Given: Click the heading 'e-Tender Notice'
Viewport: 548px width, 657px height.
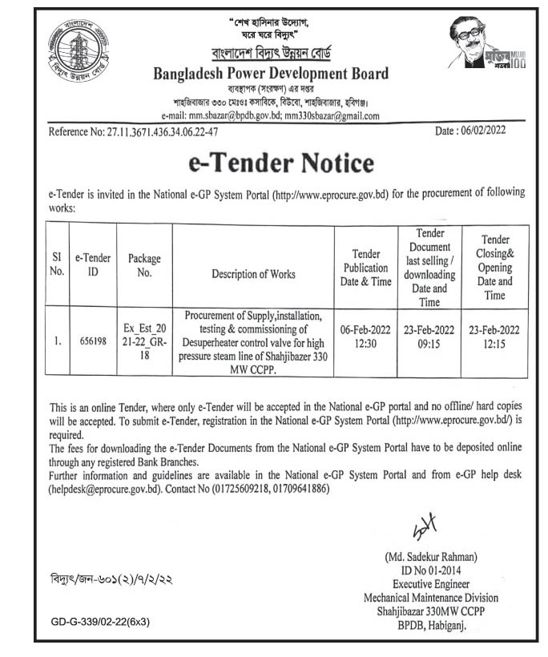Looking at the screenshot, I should [280, 163].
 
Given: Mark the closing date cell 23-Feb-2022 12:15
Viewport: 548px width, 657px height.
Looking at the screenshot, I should [494, 339].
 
